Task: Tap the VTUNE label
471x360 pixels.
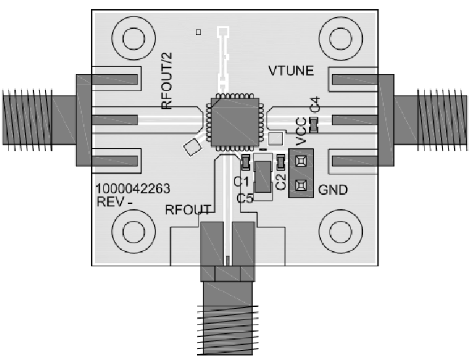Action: pos(292,71)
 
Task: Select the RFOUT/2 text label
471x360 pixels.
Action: pos(167,85)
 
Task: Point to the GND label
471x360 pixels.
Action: pos(333,191)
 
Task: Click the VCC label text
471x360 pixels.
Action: pos(300,132)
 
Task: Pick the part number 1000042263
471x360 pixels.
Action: pos(133,189)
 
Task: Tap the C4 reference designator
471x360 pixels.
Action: pos(315,104)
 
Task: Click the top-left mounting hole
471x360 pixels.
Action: pos(134,37)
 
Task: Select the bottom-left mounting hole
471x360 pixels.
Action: pos(134,231)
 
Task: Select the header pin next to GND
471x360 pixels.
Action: pos(302,185)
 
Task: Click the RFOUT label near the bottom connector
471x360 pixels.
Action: pos(187,210)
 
